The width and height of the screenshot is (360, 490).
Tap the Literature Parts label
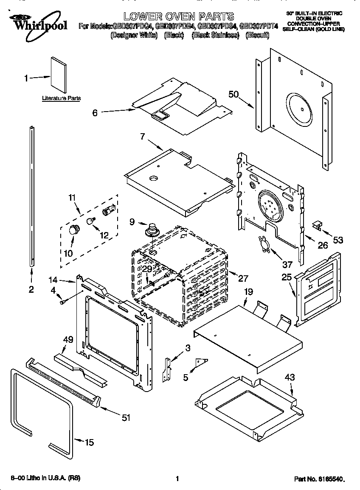click(61, 98)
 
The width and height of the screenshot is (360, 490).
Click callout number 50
click(233, 94)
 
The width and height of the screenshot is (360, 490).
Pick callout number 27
click(243, 279)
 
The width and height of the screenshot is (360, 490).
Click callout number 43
click(290, 377)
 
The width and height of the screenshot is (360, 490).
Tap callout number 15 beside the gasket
click(89, 442)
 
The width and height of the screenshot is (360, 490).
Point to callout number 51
click(126, 418)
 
